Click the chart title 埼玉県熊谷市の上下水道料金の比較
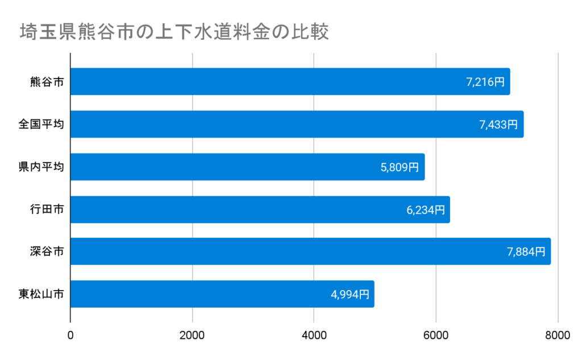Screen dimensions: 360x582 tap(174, 32)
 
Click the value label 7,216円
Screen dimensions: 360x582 tap(485, 82)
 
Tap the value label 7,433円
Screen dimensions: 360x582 tap(498, 125)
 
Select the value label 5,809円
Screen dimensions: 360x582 tap(400, 167)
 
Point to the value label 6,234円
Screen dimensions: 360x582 tap(425, 210)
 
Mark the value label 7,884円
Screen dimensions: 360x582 tap(526, 251)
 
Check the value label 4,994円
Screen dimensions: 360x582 tap(350, 294)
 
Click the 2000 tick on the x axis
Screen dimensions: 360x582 tap(192, 336)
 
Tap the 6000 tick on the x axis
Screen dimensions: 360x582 tap(436, 336)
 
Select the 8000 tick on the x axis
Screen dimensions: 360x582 tap(558, 336)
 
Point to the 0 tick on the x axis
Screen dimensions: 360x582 tap(70, 336)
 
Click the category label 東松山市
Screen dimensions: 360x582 tap(41, 294)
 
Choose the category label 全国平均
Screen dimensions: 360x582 tap(41, 125)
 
